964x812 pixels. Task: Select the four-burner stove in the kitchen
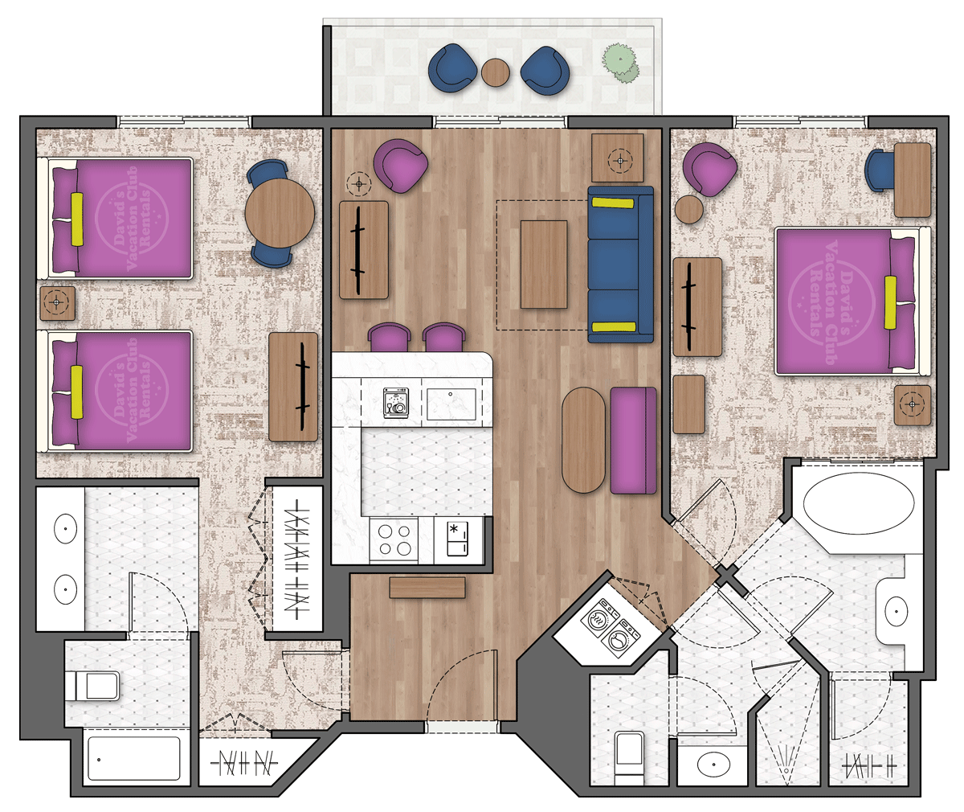pos(394,539)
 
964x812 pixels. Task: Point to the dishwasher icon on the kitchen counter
pos(395,401)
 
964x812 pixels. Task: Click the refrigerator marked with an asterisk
pos(458,539)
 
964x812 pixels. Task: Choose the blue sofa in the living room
pos(620,265)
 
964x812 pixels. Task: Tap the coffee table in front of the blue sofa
pos(544,264)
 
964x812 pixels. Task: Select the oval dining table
pos(583,440)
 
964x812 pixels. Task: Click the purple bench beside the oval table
pos(633,440)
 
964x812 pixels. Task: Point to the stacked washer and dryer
pos(608,630)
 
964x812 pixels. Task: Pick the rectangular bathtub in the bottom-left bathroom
pos(133,758)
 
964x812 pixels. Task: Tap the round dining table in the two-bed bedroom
pos(280,213)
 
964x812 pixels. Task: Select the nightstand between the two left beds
pos(56,303)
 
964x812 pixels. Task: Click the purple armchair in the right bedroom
pos(710,169)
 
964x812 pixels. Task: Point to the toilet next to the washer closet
pos(628,756)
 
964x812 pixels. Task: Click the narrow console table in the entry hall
pos(427,588)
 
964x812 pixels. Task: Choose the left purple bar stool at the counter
pos(390,337)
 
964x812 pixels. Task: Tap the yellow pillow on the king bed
pos(890,301)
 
